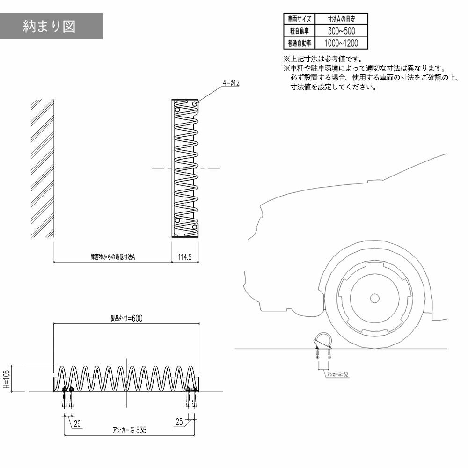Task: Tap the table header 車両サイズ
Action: coord(299,19)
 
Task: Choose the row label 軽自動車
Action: coord(299,31)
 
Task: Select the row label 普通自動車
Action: coord(299,44)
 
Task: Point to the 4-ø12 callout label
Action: coord(231,83)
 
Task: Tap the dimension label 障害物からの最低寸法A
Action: coord(113,257)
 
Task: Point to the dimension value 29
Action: coord(77,424)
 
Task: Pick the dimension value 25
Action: coord(179,422)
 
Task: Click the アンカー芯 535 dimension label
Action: coord(126,431)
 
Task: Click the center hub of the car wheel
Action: coord(374,297)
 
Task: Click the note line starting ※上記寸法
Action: coord(323,59)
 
